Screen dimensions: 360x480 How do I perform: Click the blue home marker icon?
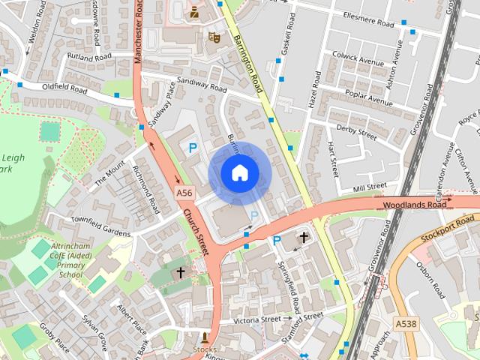coord(239,173)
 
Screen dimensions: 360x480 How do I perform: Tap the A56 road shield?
coord(185,193)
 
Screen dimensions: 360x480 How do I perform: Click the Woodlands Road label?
coord(409,204)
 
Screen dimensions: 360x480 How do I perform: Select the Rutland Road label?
coord(88,57)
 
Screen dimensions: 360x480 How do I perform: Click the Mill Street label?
coord(369,186)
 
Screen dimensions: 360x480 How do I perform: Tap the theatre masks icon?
coord(214,35)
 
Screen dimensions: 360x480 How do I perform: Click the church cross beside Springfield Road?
coord(304,238)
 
